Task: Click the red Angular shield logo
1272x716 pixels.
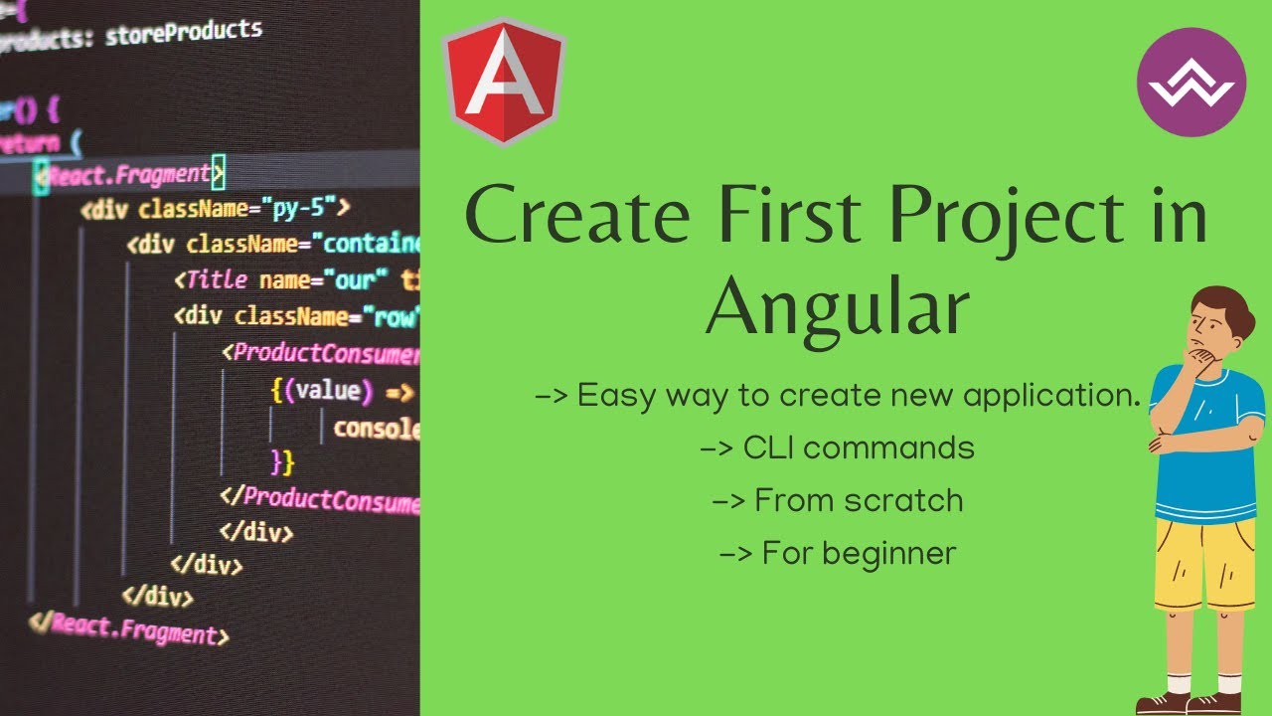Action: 504,82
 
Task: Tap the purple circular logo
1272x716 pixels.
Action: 1191,82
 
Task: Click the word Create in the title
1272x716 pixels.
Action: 577,217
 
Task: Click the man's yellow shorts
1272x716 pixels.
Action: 1203,562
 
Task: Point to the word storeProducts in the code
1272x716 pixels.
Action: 184,32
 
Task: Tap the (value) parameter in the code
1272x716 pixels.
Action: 326,390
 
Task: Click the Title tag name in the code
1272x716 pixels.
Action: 215,280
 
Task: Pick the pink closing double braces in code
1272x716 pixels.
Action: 282,462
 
